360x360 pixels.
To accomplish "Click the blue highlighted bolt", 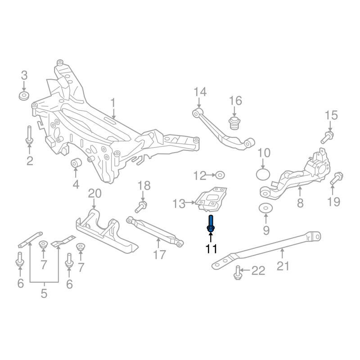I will pos(211,224).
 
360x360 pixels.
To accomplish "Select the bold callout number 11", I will pos(211,248).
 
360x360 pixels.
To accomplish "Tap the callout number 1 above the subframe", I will pos(113,103).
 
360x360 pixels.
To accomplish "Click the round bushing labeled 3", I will pos(24,96).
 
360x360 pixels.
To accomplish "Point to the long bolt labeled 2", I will pos(29,136).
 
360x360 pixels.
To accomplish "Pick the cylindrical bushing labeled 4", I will pos(76,162).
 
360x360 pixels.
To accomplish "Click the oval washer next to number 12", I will pos(220,175).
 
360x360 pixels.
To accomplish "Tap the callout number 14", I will pos(200,92).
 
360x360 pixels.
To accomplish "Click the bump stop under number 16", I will pos(234,122).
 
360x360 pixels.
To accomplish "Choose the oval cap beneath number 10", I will pos(264,175).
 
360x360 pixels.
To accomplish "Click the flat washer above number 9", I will pos(265,208).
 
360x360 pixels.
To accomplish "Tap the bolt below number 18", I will pos(141,206).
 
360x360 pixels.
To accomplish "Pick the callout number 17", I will pos(159,255).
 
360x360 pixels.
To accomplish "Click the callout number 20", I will pos(95,194).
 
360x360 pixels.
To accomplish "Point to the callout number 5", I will pos(44,293).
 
